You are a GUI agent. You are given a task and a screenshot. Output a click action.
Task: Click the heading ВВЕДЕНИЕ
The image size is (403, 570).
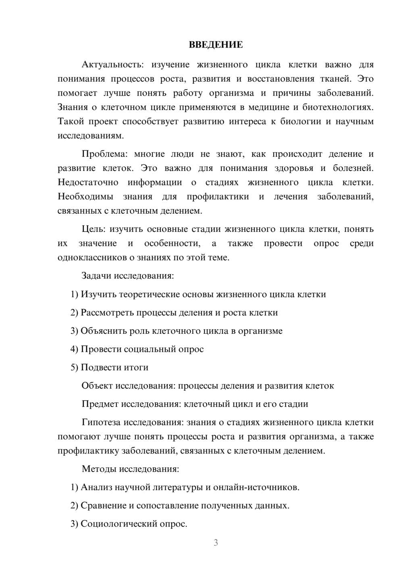[x=216, y=45]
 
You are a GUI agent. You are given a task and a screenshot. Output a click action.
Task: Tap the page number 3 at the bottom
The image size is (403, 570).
[x=216, y=543]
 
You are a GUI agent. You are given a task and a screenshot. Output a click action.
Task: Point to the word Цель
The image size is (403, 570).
[x=93, y=229]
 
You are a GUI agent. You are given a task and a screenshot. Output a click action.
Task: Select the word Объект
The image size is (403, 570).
[x=97, y=386]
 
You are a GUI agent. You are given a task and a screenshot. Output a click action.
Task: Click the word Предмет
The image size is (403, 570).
[x=100, y=404]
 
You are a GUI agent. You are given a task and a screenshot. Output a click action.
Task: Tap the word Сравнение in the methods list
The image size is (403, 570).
[x=103, y=506]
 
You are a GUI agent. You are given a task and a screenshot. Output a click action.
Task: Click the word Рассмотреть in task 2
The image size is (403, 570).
[x=107, y=313]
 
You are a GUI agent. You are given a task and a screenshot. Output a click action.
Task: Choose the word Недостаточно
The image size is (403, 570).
[x=88, y=183]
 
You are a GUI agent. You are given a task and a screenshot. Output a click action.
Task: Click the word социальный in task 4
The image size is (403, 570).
[x=148, y=349]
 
